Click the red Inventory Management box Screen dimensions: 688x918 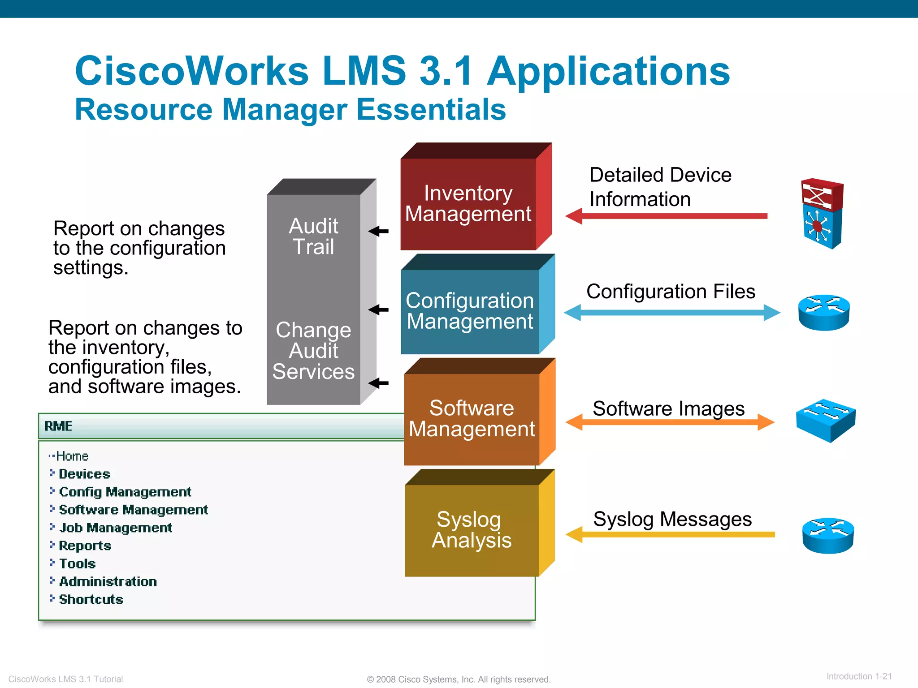coord(468,204)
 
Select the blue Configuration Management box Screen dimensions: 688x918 coord(470,311)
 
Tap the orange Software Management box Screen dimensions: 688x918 coord(472,419)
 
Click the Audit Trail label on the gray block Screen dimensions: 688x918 coord(313,236)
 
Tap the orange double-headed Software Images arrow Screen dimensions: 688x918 coord(670,422)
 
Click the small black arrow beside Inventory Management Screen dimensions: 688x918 coord(378,231)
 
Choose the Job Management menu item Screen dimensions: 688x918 coord(115,528)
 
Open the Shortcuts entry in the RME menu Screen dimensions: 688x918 coord(91,599)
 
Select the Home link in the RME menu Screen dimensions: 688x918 coord(72,456)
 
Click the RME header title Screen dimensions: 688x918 coord(58,426)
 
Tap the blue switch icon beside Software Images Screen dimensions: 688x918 coord(826,420)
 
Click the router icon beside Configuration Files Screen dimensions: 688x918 coord(824,312)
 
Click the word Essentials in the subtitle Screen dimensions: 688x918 coord(431,110)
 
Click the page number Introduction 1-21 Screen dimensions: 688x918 coord(859,676)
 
